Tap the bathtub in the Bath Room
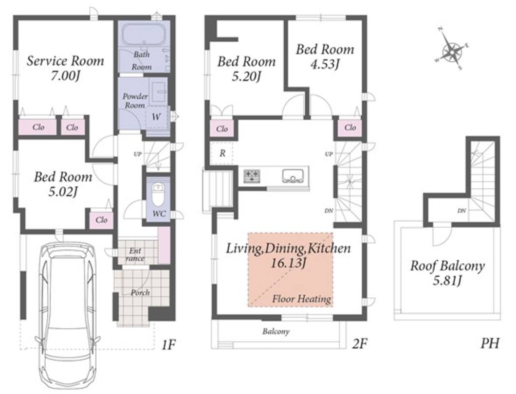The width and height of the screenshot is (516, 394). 144,36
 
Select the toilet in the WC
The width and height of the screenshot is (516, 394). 158,194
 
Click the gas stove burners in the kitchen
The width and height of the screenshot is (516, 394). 252,175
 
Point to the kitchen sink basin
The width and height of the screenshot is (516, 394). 292,176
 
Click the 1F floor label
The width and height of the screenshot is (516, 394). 169,345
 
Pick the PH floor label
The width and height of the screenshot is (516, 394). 490,344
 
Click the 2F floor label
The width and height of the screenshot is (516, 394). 359,344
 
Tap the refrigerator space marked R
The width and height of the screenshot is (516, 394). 222,153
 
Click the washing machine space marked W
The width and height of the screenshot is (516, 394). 157,117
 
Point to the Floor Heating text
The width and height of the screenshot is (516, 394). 301,299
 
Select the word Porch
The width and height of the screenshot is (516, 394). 140,292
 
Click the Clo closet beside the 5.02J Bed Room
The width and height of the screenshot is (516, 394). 101,219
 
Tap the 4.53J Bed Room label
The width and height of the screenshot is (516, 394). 325,56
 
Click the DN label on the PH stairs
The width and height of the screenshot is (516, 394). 461,211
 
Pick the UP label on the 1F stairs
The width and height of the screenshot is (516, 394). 138,154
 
